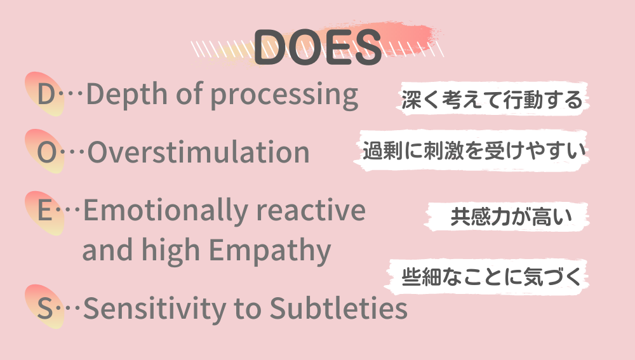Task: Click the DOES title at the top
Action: coord(317,48)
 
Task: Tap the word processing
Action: coord(284,96)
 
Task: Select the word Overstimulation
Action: coord(198,152)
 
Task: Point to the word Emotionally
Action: coord(162,211)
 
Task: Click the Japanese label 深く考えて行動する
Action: coord(491,100)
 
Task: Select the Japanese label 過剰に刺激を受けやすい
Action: coord(472,151)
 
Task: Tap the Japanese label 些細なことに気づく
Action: coord(491,277)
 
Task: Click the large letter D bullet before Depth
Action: coord(46,95)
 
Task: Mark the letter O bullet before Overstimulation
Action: coord(46,152)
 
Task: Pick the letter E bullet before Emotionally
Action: coord(44,211)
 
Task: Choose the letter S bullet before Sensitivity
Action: coord(44,309)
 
